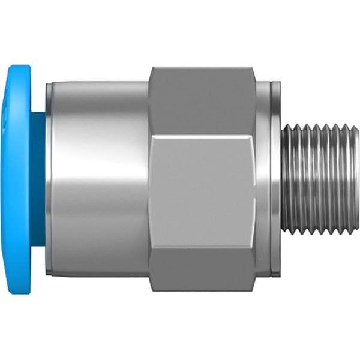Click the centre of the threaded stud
pyautogui.click(x=318, y=180)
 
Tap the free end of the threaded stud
pyautogui.click(x=356, y=180)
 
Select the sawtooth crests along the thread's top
pyautogui.click(x=318, y=127)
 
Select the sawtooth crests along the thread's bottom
pyautogui.click(x=318, y=233)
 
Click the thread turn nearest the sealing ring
pyautogui.click(x=287, y=180)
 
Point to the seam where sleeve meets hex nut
pyautogui.click(x=149, y=180)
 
